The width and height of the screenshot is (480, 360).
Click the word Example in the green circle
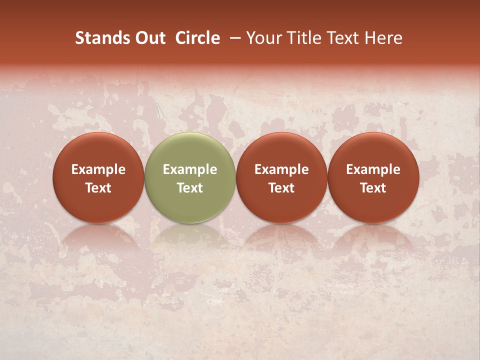click(190, 170)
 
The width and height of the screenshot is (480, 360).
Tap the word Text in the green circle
click(190, 188)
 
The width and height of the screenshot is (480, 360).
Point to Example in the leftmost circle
click(98, 170)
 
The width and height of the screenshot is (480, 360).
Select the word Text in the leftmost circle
click(98, 188)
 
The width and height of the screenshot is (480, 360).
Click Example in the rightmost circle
click(373, 170)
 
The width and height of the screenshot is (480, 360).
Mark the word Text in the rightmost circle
click(373, 188)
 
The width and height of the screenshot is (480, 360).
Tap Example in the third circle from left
click(281, 170)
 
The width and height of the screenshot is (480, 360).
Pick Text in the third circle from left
click(281, 188)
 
